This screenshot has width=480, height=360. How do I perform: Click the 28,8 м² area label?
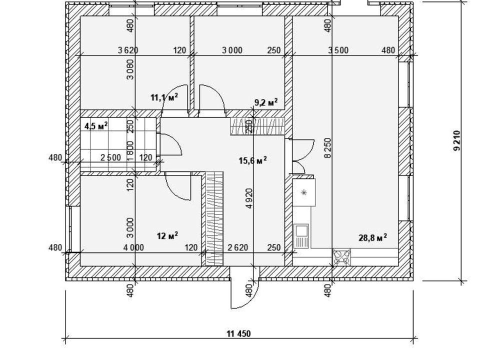pyautogui.click(x=372, y=238)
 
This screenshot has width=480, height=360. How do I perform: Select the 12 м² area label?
pyautogui.click(x=167, y=235)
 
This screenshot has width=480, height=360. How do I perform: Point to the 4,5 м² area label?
pyautogui.click(x=96, y=125)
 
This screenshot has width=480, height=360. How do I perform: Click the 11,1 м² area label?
pyautogui.click(x=164, y=97)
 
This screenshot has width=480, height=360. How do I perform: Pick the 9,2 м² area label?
pyautogui.click(x=266, y=102)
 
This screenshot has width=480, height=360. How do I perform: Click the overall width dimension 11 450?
pyautogui.click(x=239, y=333)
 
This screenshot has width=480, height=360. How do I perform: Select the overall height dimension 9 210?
pyautogui.click(x=456, y=141)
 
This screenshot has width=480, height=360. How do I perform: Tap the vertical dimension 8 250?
pyautogui.click(x=327, y=148)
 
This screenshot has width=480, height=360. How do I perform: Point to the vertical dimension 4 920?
pyautogui.click(x=249, y=198)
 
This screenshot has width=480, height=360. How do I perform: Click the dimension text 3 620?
pyautogui.click(x=127, y=50)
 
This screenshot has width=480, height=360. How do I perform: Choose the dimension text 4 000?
pyautogui.click(x=133, y=247)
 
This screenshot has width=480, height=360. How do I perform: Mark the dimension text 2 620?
pyautogui.click(x=238, y=247)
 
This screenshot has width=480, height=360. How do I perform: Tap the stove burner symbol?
pyautogui.click(x=342, y=257)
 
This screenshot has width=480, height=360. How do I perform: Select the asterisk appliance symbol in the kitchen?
pyautogui.click(x=303, y=192)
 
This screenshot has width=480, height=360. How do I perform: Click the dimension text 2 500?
pyautogui.click(x=110, y=157)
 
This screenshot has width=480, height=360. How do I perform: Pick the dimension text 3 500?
pyautogui.click(x=338, y=50)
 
